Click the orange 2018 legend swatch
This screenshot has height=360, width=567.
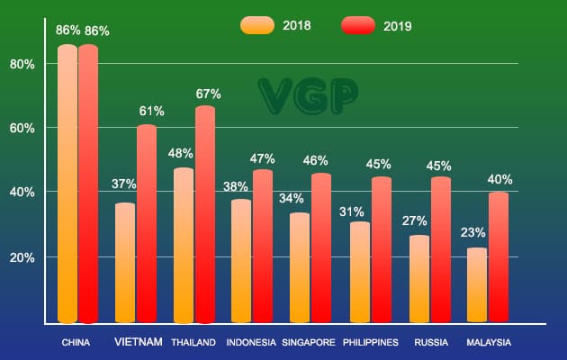click(x=257, y=25)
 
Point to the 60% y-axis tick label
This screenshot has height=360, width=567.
click(x=22, y=128)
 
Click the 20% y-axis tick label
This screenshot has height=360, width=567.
click(x=22, y=257)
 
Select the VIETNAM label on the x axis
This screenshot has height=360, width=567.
click(x=139, y=342)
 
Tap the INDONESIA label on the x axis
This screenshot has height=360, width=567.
click(x=251, y=343)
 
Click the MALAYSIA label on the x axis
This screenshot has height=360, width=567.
click(x=489, y=343)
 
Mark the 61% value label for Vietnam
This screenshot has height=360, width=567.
click(x=151, y=112)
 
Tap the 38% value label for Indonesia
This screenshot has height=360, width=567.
click(x=237, y=187)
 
